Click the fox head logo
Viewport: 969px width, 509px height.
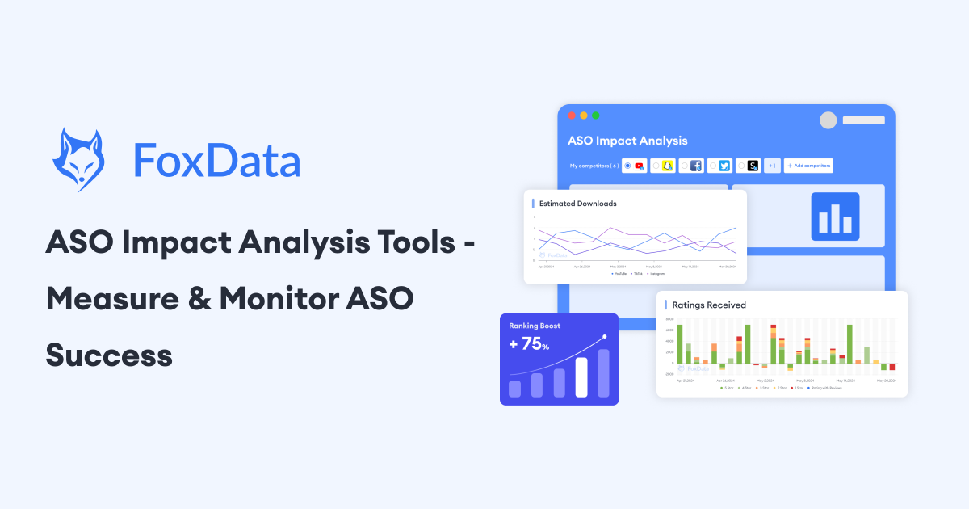78,159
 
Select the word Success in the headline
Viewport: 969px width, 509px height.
109,355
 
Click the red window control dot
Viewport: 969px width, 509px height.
572,116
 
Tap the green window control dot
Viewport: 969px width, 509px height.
596,116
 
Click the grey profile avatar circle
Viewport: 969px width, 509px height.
828,120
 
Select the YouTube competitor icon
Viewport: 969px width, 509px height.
640,166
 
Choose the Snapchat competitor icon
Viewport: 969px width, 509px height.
667,166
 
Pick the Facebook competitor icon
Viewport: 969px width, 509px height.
696,166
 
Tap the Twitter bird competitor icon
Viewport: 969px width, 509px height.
724,166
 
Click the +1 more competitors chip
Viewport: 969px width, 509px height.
772,166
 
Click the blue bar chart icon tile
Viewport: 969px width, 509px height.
835,217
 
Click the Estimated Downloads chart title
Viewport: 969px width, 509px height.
577,204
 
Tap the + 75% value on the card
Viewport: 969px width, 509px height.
529,344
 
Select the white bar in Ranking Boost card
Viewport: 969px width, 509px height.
581,376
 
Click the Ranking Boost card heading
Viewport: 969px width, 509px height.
535,326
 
